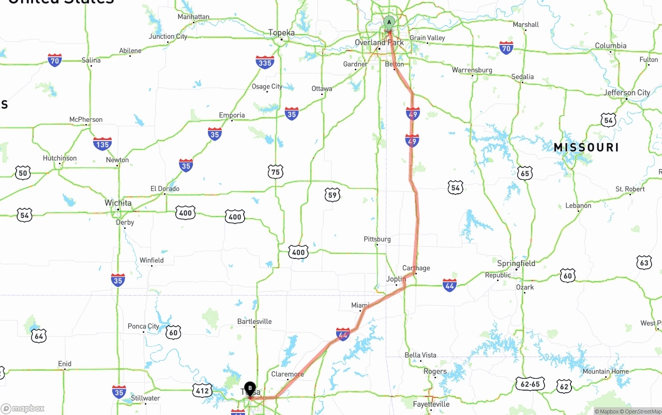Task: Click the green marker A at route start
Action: (x=389, y=22)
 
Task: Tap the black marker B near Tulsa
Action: (x=250, y=388)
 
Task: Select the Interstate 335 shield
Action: (x=265, y=63)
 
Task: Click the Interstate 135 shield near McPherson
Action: (x=102, y=144)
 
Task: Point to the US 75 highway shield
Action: (x=276, y=172)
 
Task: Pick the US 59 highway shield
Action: (x=333, y=195)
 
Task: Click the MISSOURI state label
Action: (x=586, y=147)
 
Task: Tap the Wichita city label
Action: (x=118, y=203)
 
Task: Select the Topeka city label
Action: (x=281, y=33)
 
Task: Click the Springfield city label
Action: (x=516, y=263)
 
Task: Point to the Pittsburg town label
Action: (x=377, y=239)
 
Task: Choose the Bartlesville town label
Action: (x=254, y=321)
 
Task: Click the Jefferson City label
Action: (x=627, y=93)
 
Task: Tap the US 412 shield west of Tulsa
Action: (x=202, y=390)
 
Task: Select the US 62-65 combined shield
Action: (x=530, y=383)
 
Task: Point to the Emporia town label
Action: (x=232, y=115)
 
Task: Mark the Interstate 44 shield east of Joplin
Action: (x=449, y=285)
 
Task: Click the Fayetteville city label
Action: (x=431, y=404)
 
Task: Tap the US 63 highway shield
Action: (x=644, y=262)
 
